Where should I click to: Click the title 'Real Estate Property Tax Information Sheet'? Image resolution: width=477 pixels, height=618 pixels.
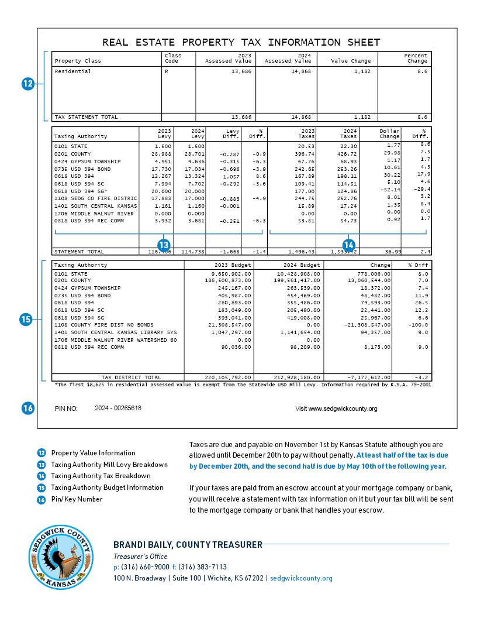241,42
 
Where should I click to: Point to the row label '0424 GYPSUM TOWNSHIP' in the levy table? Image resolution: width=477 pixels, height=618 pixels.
87,161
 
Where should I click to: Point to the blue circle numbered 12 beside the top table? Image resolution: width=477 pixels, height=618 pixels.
27,84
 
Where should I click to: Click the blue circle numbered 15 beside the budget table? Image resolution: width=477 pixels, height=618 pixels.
25,320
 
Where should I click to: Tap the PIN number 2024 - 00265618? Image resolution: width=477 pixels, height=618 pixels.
117,408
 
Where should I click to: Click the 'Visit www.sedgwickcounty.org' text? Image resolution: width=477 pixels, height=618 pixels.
336,408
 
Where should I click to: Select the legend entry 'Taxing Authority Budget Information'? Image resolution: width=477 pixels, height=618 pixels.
107,487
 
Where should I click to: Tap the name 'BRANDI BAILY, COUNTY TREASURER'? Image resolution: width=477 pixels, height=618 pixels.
188,545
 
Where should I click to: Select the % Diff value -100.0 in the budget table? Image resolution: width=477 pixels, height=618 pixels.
419,324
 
